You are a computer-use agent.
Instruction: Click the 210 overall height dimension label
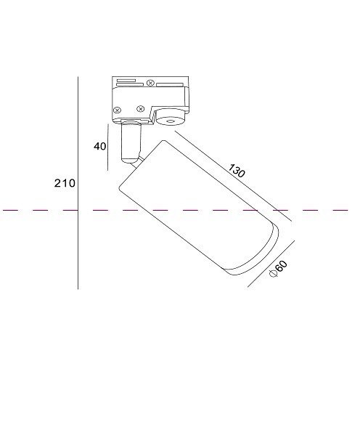(65, 183)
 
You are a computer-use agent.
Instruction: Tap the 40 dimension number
(99, 146)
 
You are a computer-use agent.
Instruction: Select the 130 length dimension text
(237, 171)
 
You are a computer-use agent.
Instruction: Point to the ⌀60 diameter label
(278, 269)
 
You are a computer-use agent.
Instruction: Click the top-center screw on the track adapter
(150, 83)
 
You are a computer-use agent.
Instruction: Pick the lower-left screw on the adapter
(118, 110)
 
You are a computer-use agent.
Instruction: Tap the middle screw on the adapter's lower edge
(141, 109)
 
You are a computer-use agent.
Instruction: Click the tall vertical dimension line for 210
(78, 183)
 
